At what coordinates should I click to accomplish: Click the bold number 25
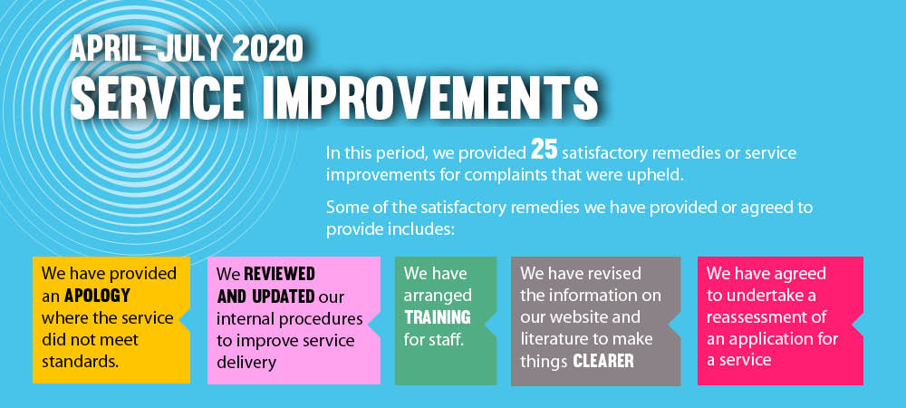(x=544, y=150)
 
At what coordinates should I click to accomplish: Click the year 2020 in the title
(x=267, y=49)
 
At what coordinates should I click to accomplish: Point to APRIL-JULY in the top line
(x=148, y=49)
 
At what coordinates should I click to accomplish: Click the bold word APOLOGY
(x=96, y=296)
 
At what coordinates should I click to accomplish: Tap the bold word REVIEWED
(x=279, y=273)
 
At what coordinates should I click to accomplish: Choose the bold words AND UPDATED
(x=265, y=296)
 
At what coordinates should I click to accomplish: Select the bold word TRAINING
(x=438, y=318)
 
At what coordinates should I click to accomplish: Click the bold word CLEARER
(x=603, y=362)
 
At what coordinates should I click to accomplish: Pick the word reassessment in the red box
(x=766, y=318)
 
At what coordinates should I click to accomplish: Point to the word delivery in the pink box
(x=246, y=363)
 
